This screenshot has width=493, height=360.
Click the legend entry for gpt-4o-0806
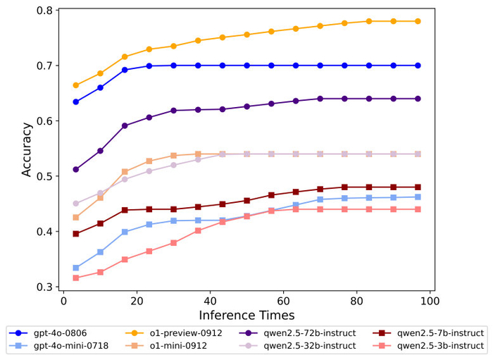pyautogui.click(x=48, y=333)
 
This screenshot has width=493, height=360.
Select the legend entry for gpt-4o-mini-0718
pyautogui.click(x=58, y=346)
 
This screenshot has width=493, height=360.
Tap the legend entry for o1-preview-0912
pyautogui.click(x=174, y=333)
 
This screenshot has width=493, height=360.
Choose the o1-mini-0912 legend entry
pyautogui.click(x=166, y=346)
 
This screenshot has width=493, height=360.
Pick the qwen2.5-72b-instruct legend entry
pyautogui.click(x=297, y=333)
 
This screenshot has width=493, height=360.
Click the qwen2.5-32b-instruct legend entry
pyautogui.click(x=297, y=346)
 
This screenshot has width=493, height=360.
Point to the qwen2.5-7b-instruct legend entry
pyautogui.click(x=428, y=333)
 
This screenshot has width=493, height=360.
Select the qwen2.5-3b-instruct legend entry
pyautogui.click(x=428, y=346)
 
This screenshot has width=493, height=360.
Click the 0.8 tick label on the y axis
pyautogui.click(x=44, y=11)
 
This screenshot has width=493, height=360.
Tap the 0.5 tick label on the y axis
pyautogui.click(x=44, y=176)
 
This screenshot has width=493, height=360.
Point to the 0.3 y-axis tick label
pyautogui.click(x=44, y=287)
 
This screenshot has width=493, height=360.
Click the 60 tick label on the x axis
pyautogui.click(x=283, y=301)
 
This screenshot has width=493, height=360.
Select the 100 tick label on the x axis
pyautogui.click(x=430, y=301)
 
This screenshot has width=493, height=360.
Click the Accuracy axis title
pyautogui.click(x=27, y=149)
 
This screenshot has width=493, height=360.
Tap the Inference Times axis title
pyautogui.click(x=246, y=315)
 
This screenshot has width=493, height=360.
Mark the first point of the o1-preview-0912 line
pyautogui.click(x=76, y=85)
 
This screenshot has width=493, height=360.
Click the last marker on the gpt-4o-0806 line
pyautogui.click(x=418, y=66)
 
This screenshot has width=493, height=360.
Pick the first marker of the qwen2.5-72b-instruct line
pyautogui.click(x=76, y=170)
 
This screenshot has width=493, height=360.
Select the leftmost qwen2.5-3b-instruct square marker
pyautogui.click(x=76, y=278)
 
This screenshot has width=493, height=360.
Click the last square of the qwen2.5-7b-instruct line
pyautogui.click(x=418, y=187)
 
